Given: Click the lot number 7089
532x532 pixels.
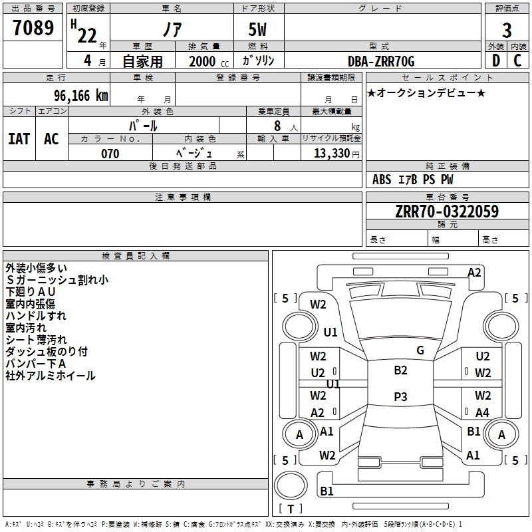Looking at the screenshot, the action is pyautogui.click(x=33, y=28).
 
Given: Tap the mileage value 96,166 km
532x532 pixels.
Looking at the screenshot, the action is pyautogui.click(x=80, y=96).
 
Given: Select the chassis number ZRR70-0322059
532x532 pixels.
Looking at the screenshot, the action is pyautogui.click(x=447, y=211).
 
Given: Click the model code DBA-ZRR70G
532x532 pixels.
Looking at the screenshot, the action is pyautogui.click(x=381, y=61).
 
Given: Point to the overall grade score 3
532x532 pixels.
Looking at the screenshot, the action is pyautogui.click(x=507, y=31).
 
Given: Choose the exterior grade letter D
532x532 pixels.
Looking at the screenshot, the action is pyautogui.click(x=496, y=61).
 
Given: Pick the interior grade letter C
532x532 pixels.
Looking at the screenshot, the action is pyautogui.click(x=517, y=61).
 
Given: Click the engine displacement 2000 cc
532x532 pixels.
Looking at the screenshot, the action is pyautogui.click(x=209, y=61).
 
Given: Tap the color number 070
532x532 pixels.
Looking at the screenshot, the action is pyautogui.click(x=110, y=154).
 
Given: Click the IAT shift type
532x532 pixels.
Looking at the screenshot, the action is pyautogui.click(x=19, y=139).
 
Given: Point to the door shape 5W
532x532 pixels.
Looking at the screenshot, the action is pyautogui.click(x=257, y=29).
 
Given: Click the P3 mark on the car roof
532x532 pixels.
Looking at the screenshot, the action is pyautogui.click(x=400, y=396).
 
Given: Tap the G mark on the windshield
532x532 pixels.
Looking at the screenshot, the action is pyautogui.click(x=420, y=350).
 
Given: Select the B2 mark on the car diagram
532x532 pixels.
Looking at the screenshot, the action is pyautogui.click(x=400, y=370).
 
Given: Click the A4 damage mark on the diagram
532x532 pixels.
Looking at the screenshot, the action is pyautogui.click(x=482, y=412).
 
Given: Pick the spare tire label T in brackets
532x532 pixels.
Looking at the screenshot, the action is pyautogui.click(x=291, y=509).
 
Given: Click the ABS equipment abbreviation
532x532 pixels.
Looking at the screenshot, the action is pyautogui.click(x=382, y=180).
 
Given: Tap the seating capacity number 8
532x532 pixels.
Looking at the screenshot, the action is pyautogui.click(x=277, y=126).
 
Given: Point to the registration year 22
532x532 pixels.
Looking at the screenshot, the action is pyautogui.click(x=87, y=36).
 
